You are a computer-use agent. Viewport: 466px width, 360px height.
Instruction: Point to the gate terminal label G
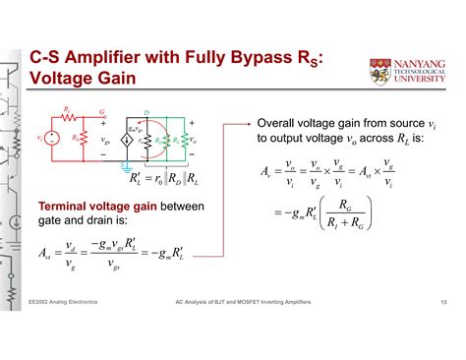click(100, 113)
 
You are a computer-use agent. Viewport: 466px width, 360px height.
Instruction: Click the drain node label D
click(146, 114)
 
